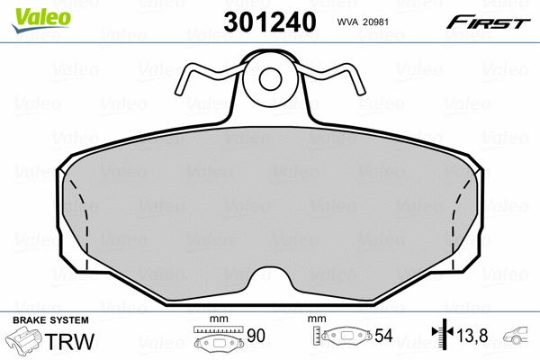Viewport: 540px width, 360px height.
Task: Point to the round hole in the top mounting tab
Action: click(x=271, y=79)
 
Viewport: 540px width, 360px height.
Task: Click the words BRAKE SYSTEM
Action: click(x=50, y=321)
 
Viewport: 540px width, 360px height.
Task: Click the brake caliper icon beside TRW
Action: click(x=25, y=342)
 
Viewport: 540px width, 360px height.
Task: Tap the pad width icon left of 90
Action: click(x=220, y=340)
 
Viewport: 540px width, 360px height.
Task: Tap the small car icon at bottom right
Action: click(x=519, y=337)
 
